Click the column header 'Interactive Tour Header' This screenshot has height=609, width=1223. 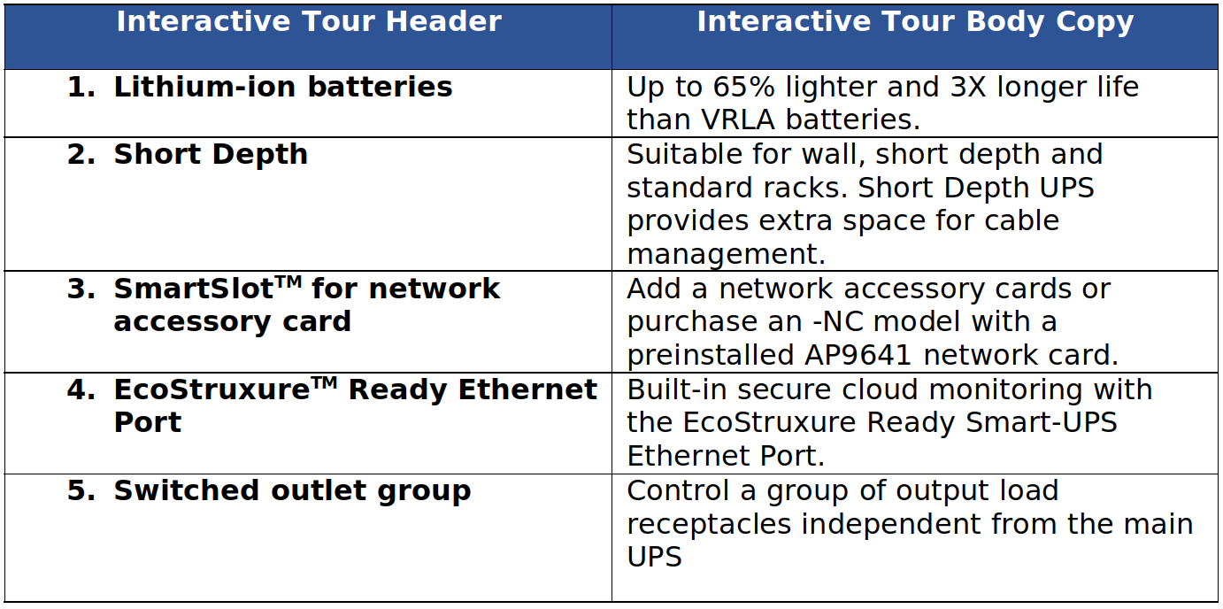pyautogui.click(x=309, y=22)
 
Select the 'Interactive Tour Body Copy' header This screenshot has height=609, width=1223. pyautogui.click(x=916, y=23)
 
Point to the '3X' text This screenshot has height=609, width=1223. pyautogui.click(x=968, y=87)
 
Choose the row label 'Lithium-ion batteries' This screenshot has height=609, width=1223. pyautogui.click(x=283, y=87)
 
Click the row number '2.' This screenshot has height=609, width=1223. pyautogui.click(x=81, y=154)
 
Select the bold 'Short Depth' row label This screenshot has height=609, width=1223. pyautogui.click(x=211, y=155)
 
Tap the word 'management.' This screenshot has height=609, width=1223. pyautogui.click(x=727, y=255)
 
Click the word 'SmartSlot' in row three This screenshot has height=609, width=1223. pyautogui.click(x=193, y=289)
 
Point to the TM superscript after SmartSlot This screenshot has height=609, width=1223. pyautogui.click(x=288, y=281)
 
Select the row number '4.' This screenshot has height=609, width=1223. pyautogui.click(x=81, y=389)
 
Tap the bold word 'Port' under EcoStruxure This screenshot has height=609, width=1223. pyautogui.click(x=148, y=423)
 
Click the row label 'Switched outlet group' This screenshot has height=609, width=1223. pyautogui.click(x=292, y=491)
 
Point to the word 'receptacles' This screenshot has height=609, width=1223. pyautogui.click(x=709, y=525)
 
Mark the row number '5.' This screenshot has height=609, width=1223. pyautogui.click(x=81, y=490)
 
